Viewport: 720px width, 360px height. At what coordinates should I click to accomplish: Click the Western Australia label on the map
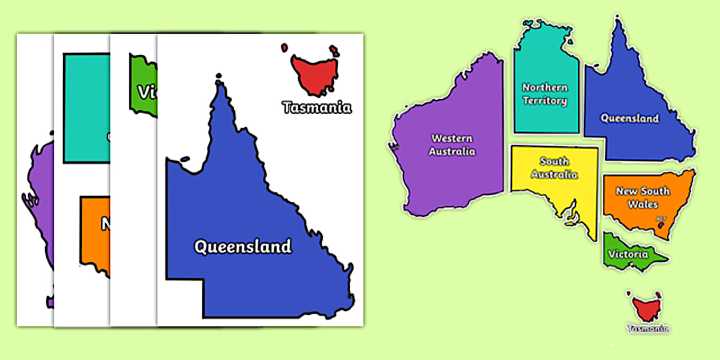click(x=452, y=145)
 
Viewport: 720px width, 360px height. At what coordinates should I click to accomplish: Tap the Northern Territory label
click(x=545, y=94)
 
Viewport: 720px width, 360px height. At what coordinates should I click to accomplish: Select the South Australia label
click(x=554, y=168)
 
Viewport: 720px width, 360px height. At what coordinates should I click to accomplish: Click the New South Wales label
click(x=643, y=198)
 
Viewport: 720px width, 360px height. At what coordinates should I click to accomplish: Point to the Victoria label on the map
click(x=628, y=254)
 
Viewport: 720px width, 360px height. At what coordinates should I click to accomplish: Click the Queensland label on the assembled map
click(x=629, y=118)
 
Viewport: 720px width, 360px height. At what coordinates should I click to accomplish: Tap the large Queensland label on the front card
click(x=243, y=247)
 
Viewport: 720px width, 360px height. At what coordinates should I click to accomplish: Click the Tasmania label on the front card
click(x=317, y=107)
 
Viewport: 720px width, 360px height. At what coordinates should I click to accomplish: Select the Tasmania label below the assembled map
click(x=647, y=329)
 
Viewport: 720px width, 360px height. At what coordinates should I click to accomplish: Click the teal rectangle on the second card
click(x=86, y=109)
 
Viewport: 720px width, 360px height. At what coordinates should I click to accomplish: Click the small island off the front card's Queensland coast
click(x=184, y=159)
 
